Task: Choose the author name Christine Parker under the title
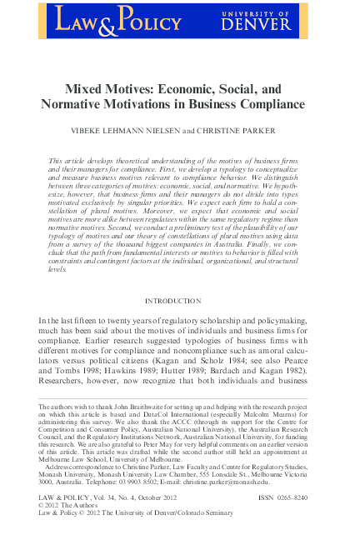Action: [249, 131]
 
